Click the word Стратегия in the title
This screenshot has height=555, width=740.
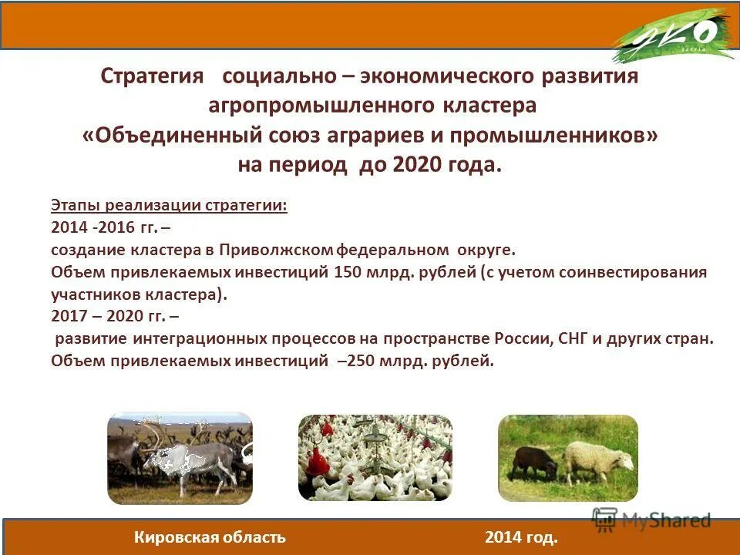(152, 77)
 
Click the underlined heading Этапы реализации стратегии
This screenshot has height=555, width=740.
(169, 206)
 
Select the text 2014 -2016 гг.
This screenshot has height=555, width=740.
(104, 228)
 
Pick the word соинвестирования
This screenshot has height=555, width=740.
(628, 272)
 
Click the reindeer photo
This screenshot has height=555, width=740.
(180, 458)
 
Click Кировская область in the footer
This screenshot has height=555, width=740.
(210, 537)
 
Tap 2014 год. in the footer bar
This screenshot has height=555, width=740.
(521, 537)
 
